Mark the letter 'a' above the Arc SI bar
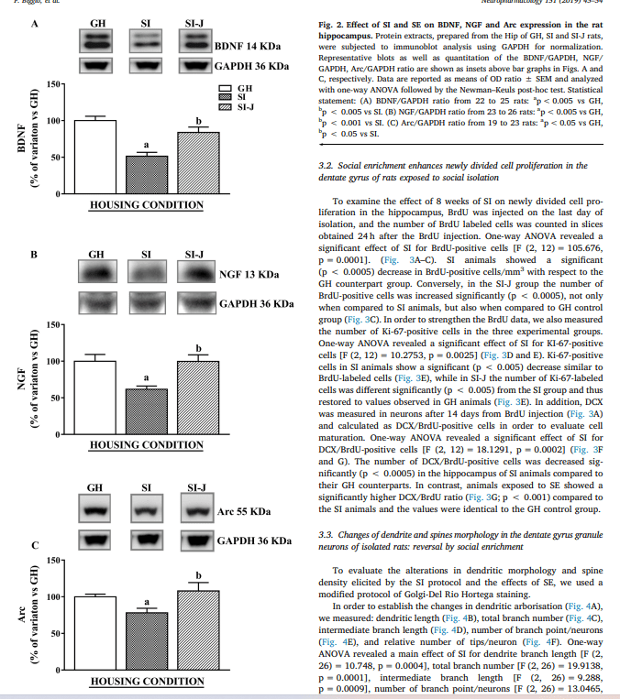pyautogui.click(x=147, y=604)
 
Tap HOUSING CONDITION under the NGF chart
pyautogui.click(x=147, y=445)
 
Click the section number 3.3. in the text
pyautogui.click(x=326, y=533)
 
